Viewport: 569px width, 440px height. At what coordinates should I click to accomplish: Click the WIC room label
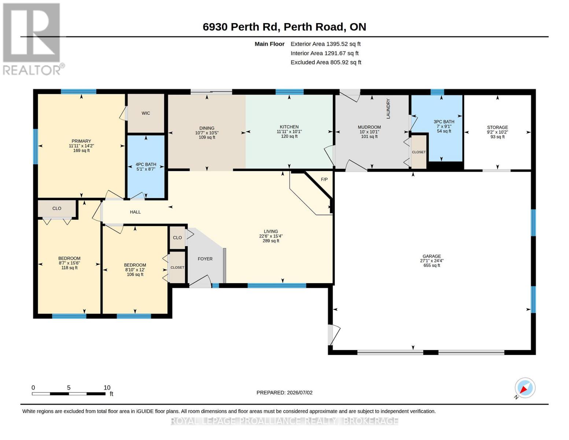145,113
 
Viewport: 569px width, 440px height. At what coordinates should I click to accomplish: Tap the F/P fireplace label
324,179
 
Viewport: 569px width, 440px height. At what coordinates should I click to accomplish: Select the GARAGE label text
432,256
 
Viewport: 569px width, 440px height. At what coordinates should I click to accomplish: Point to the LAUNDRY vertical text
388,109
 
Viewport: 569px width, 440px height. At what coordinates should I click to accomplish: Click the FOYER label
205,258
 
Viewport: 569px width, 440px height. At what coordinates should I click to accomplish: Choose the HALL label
135,212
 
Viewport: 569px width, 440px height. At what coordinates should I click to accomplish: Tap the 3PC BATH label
444,122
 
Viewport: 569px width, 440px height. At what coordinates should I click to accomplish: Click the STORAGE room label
497,127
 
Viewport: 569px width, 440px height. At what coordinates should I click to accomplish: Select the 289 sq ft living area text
271,241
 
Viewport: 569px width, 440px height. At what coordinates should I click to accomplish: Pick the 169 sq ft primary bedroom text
81,150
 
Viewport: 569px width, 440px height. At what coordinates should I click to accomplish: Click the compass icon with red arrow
525,388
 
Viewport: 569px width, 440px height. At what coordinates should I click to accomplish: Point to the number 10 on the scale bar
107,387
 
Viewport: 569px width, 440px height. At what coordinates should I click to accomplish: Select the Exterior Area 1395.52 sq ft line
325,44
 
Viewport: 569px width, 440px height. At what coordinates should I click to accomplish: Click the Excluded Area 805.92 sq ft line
326,62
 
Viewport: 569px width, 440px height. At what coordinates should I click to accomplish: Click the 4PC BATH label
145,164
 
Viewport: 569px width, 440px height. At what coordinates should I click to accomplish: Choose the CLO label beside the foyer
177,238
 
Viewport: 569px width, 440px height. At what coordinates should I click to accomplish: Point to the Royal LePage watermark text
284,421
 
